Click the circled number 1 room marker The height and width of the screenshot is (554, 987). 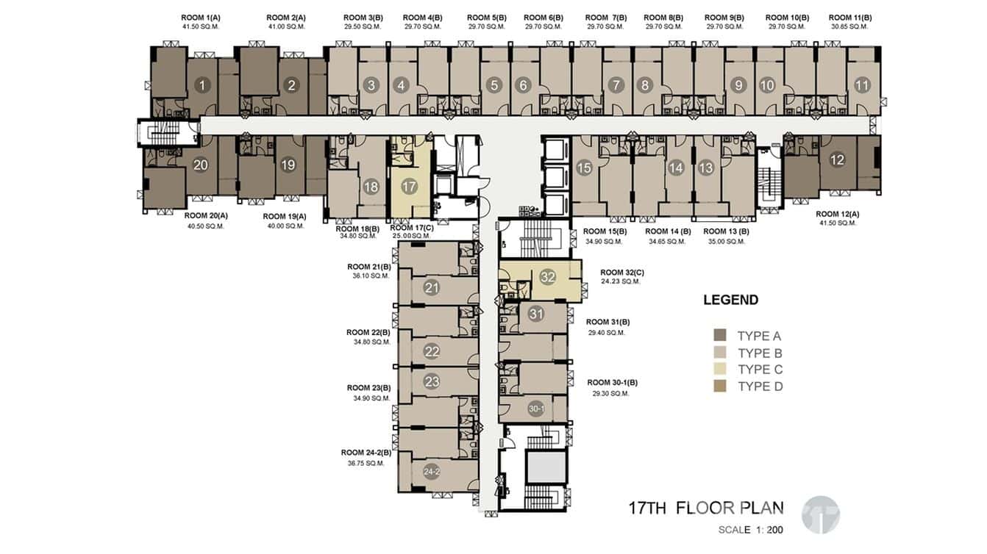[x=202, y=85]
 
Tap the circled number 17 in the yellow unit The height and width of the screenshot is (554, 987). [x=409, y=187]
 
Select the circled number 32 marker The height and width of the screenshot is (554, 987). [x=547, y=277]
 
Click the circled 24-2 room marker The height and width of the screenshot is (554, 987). [x=432, y=472]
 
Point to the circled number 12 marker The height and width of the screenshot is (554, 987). [x=837, y=159]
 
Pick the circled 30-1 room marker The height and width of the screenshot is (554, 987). [x=536, y=409]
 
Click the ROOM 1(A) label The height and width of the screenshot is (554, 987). [x=201, y=18]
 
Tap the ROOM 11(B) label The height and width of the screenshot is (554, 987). [x=850, y=18]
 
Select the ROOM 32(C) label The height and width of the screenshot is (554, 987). [x=621, y=273]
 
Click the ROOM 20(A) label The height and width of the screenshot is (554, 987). [x=206, y=215]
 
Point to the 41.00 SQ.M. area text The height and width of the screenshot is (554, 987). [x=286, y=27]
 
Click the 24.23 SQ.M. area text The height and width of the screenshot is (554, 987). [x=620, y=281]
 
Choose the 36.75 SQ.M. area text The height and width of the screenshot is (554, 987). [x=366, y=464]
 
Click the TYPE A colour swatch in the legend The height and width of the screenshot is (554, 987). [x=720, y=335]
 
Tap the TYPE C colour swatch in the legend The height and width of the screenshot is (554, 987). [x=720, y=369]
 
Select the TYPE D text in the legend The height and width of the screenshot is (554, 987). [x=760, y=386]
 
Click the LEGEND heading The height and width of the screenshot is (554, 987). [x=730, y=300]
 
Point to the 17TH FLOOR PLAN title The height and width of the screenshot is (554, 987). [x=706, y=508]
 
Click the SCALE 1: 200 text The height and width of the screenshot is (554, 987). [x=750, y=530]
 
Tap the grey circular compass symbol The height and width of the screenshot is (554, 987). [x=821, y=515]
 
